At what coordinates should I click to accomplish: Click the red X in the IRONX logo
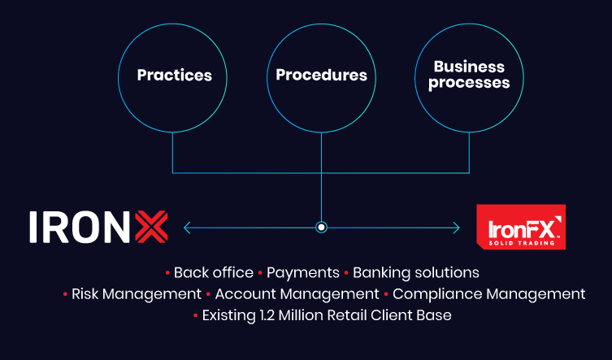point(150,227)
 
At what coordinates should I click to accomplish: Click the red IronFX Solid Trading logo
point(520,227)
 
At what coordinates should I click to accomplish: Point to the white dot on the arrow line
point(321,228)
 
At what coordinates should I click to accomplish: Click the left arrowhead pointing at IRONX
point(188,228)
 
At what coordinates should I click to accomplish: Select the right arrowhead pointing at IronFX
point(456,228)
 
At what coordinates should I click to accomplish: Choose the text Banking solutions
point(416,272)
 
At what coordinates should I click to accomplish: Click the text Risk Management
point(136,293)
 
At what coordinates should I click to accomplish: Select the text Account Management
point(297,293)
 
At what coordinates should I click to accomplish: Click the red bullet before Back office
point(167,272)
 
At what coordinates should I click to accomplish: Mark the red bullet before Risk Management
point(65,293)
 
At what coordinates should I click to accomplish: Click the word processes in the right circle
point(470,83)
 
